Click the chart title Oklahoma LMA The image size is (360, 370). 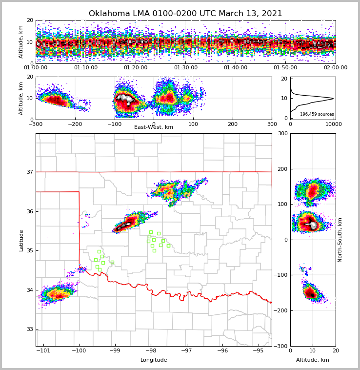pyautogui.click(x=185, y=14)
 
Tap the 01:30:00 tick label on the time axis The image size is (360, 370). pyautogui.click(x=185, y=68)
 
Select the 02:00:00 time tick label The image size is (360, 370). pyautogui.click(x=335, y=68)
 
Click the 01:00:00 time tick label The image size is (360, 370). pyautogui.click(x=36, y=68)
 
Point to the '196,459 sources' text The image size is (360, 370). pyautogui.click(x=317, y=114)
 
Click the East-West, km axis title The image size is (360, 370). pyautogui.click(x=154, y=127)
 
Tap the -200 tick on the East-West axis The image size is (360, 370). pyautogui.click(x=75, y=123)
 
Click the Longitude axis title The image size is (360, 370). pyautogui.click(x=154, y=360)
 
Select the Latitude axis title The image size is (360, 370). pyautogui.click(x=21, y=240)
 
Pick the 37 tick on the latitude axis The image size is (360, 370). pyautogui.click(x=30, y=172)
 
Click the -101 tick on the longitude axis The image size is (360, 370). pyautogui.click(x=44, y=350)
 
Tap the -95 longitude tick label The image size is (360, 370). pyautogui.click(x=258, y=350)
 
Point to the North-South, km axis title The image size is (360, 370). pyautogui.click(x=340, y=240)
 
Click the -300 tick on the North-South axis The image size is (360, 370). pyautogui.click(x=281, y=346)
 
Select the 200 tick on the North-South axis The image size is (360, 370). pyautogui.click(x=281, y=169)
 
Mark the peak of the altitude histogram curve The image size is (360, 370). pyautogui.click(x=333, y=98)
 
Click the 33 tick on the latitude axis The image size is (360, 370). pyautogui.click(x=30, y=329)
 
